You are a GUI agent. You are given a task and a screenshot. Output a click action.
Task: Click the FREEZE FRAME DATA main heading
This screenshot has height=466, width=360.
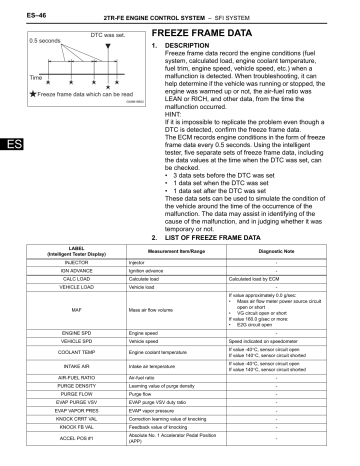pos(206,34)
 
